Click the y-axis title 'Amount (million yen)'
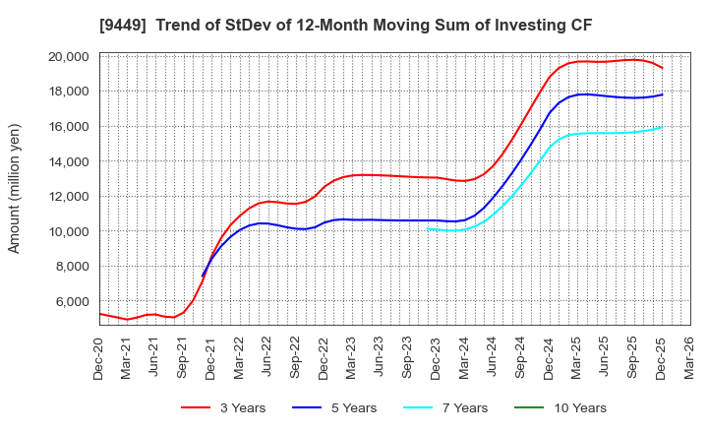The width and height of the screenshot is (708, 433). click(x=14, y=189)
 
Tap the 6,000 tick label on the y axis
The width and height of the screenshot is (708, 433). click(x=73, y=301)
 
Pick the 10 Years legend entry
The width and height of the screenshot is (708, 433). click(x=574, y=407)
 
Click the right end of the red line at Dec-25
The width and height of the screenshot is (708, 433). click(x=662, y=68)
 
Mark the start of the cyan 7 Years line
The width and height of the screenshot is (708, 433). click(x=429, y=228)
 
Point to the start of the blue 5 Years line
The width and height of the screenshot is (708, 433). click(x=203, y=276)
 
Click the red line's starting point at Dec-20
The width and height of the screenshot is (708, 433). click(x=100, y=314)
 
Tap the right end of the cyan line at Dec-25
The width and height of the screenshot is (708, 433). click(x=662, y=126)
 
